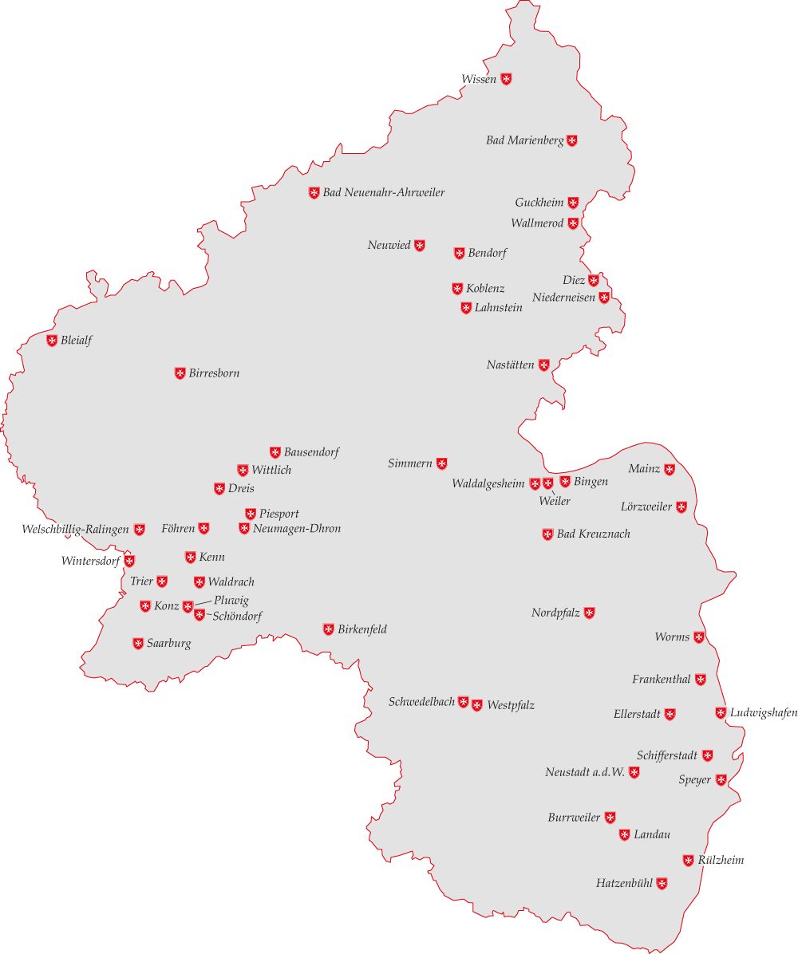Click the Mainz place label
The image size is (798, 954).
[644, 469]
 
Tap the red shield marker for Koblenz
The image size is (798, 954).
[457, 289]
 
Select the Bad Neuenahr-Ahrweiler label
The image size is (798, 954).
[384, 193]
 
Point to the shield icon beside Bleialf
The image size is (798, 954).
[52, 341]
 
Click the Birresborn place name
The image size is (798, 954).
[214, 373]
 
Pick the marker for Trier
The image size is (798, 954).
[162, 581]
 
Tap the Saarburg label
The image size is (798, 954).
[168, 644]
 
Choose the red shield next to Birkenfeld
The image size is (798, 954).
[328, 629]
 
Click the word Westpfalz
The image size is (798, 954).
[511, 705]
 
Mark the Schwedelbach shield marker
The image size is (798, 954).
[463, 702]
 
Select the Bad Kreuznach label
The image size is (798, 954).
[593, 534]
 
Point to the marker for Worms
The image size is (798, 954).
[699, 637]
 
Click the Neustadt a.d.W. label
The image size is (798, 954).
[585, 772]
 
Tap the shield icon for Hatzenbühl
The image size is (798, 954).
[662, 883]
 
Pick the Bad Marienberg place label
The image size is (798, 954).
[525, 141]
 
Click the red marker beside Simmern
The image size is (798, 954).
[441, 463]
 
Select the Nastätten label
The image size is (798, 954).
[511, 365]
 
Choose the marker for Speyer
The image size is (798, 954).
[721, 780]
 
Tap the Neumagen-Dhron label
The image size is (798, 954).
[297, 529]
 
